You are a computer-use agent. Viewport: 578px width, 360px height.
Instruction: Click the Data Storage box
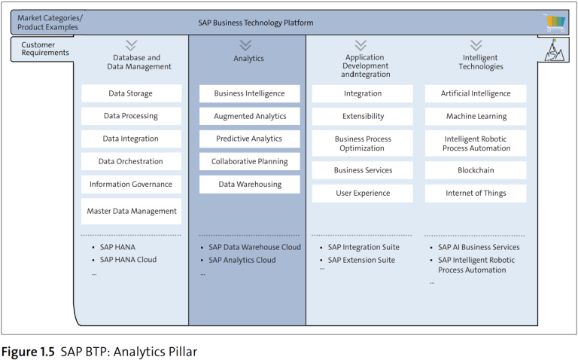tap(131, 93)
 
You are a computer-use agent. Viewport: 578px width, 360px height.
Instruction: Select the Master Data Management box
tap(131, 211)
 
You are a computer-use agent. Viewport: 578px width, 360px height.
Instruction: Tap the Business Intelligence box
tap(249, 93)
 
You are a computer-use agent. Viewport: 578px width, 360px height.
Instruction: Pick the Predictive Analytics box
tap(249, 139)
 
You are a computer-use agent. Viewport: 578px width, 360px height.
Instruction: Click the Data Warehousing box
tap(249, 184)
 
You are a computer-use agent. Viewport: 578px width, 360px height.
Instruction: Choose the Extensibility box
tap(363, 116)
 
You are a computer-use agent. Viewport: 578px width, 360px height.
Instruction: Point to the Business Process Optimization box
tap(363, 143)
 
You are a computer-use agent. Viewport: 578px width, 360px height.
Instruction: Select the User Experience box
tap(363, 193)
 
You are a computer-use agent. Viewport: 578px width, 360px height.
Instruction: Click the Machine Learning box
tap(476, 116)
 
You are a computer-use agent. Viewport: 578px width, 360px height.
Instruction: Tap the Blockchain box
tap(476, 170)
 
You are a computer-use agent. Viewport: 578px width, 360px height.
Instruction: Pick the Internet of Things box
tap(476, 193)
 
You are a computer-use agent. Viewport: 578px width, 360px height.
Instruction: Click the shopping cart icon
tap(555, 23)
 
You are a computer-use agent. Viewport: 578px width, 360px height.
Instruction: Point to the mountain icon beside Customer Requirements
tap(555, 50)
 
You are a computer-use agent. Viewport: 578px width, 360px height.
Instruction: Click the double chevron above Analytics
tap(246, 46)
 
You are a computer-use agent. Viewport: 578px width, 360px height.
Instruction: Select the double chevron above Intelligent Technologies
tap(476, 46)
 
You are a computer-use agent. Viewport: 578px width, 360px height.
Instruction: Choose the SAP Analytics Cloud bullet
tap(242, 260)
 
